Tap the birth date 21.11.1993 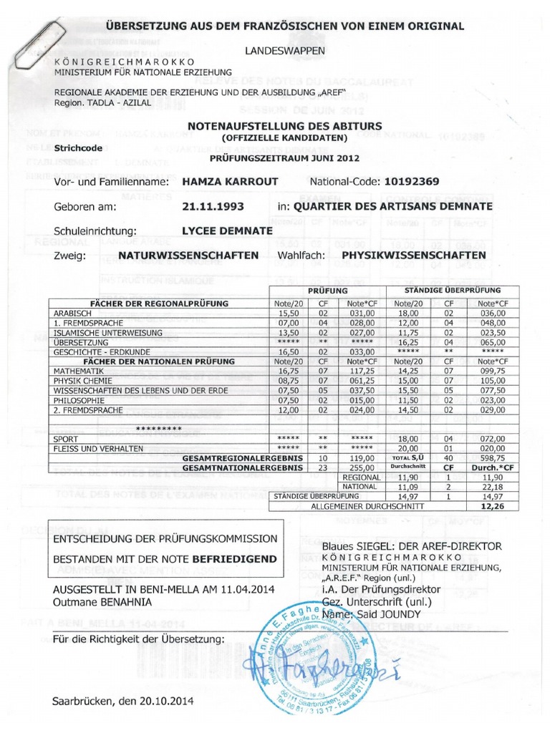click(213, 206)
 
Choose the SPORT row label click(65, 438)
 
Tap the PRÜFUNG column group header click(327, 292)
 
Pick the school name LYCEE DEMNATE click(226, 231)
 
